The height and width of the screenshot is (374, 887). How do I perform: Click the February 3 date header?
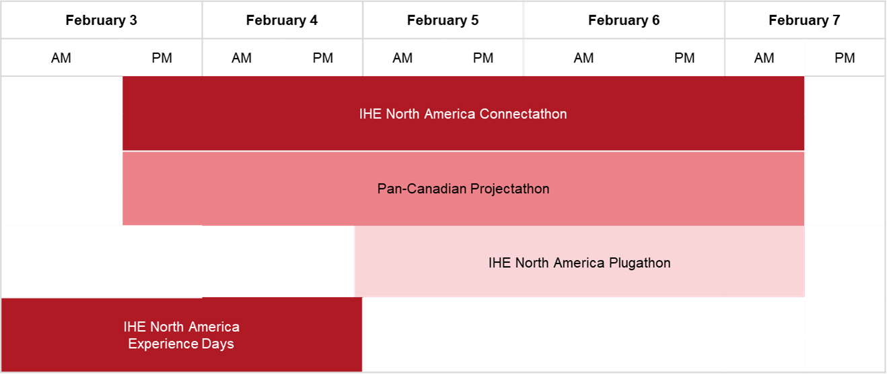tap(102, 20)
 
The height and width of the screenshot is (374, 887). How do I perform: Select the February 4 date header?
tap(282, 20)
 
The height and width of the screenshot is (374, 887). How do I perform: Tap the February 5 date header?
tap(443, 20)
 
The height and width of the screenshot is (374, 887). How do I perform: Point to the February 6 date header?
tap(624, 20)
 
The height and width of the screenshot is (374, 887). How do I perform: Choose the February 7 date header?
tap(804, 20)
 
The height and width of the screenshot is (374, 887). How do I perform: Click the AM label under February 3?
tap(61, 58)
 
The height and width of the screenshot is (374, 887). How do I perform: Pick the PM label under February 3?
tap(162, 58)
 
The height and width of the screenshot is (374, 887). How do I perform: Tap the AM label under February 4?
tap(242, 58)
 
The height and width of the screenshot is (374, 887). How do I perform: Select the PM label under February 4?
tap(323, 58)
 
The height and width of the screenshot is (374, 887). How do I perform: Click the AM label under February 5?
tap(402, 58)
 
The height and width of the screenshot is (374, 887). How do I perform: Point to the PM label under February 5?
tap(483, 58)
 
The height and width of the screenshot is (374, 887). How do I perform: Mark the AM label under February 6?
tap(583, 58)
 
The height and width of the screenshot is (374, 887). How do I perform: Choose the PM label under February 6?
tap(684, 58)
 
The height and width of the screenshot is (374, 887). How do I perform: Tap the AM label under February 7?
tap(764, 58)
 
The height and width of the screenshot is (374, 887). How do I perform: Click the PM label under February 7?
tap(845, 58)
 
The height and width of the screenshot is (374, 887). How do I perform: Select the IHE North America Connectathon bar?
tap(463, 113)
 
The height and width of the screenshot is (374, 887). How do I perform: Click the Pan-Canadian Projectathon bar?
tap(463, 189)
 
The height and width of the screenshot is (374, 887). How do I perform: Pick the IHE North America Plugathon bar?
tap(579, 261)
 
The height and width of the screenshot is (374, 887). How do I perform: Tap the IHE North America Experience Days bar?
tap(182, 335)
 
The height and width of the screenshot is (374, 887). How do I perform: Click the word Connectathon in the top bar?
tap(523, 114)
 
